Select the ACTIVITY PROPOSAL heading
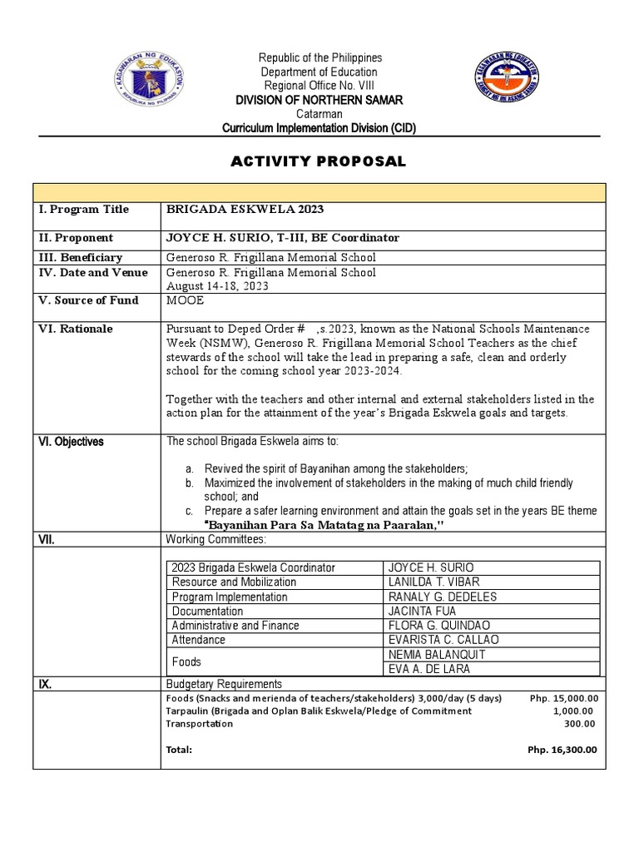coord(319,161)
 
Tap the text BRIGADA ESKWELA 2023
coord(245,210)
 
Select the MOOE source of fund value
coord(184,300)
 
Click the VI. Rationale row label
coord(76,329)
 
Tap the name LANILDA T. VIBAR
coord(433,582)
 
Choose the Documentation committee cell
coord(207,611)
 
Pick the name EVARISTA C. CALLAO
coord(443,640)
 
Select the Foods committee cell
coord(186,661)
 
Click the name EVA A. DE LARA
coord(428,669)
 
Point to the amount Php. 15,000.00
coord(563,698)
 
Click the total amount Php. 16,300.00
coord(563,750)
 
